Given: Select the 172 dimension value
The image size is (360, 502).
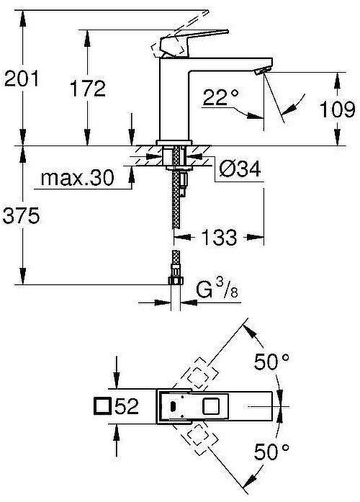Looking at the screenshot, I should click(88, 89).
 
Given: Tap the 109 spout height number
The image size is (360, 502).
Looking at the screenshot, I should click(338, 109).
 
